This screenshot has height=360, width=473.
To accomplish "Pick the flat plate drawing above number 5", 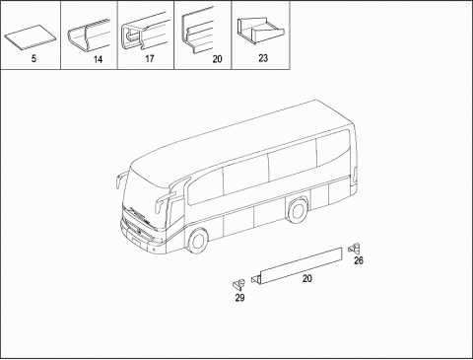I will (31, 40).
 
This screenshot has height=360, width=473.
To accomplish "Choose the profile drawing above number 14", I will (88, 37).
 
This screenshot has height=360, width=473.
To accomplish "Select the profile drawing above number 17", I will (145, 36).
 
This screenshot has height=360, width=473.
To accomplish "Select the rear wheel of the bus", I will (295, 212).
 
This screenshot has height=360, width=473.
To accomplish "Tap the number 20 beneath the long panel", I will (306, 280).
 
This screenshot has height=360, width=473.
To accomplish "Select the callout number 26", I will (359, 260).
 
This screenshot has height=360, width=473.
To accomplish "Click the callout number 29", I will (239, 297).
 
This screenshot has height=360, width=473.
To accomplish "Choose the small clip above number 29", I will (238, 282).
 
